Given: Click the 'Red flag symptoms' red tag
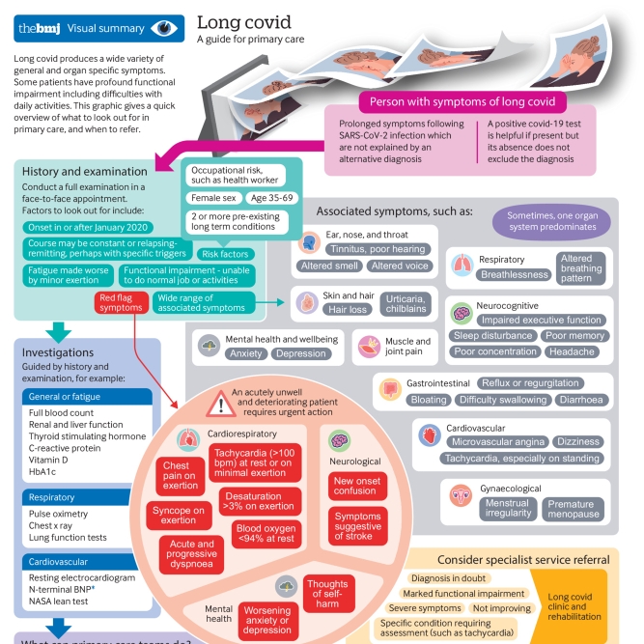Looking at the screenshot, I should pyautogui.click(x=121, y=301).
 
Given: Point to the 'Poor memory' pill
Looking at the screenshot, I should pyautogui.click(x=574, y=336).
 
